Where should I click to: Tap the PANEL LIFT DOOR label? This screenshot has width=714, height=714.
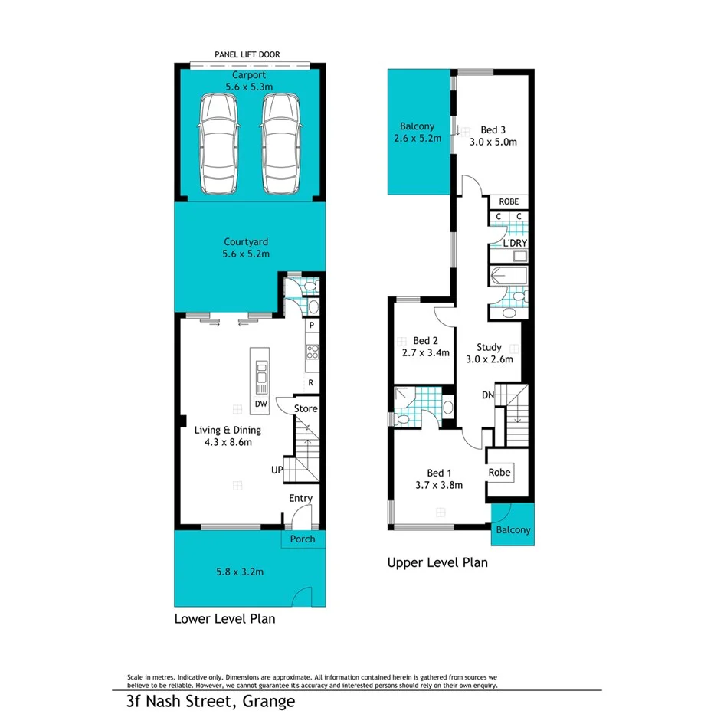click(x=247, y=55)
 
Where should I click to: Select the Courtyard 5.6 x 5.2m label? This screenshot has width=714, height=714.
click(x=246, y=247)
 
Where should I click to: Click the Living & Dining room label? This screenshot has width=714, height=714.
click(x=227, y=435)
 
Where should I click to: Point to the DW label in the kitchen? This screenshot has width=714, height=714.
click(x=260, y=404)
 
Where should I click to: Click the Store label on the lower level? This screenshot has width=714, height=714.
click(x=306, y=409)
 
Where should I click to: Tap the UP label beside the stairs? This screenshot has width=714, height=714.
click(x=277, y=469)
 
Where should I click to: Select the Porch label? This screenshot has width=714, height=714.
click(x=303, y=539)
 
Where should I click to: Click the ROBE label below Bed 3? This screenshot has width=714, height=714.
click(x=509, y=202)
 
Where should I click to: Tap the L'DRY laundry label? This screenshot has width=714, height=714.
click(x=508, y=244)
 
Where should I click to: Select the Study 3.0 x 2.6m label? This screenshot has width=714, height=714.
click(x=489, y=352)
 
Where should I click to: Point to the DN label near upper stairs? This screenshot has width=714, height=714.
click(x=488, y=395)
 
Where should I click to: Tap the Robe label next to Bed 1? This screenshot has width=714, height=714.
click(x=499, y=473)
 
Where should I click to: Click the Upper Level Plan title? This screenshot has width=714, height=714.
click(x=437, y=563)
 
